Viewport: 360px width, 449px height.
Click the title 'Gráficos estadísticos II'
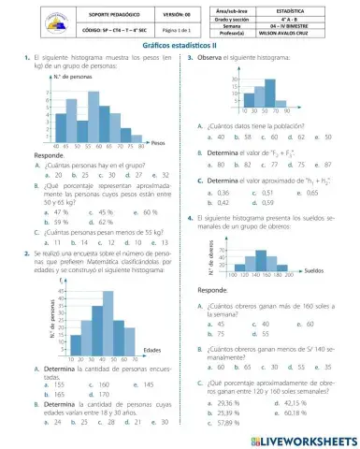pos(180,44)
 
